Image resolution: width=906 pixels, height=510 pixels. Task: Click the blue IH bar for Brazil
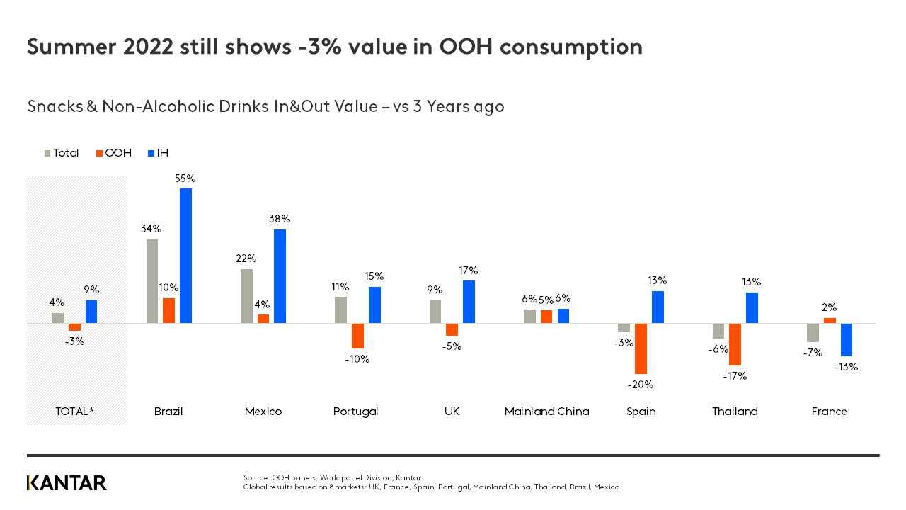(x=185, y=256)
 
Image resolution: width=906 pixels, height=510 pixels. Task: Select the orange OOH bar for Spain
(x=641, y=348)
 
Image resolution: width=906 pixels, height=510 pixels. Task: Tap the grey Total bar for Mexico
(x=246, y=296)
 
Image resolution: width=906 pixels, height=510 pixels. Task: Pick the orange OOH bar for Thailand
(x=735, y=344)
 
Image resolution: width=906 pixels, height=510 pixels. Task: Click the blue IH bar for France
(x=847, y=339)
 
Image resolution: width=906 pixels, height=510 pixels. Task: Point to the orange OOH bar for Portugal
(x=357, y=336)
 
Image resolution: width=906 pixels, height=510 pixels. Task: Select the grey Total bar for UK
(x=435, y=312)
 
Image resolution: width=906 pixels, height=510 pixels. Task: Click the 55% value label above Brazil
(x=185, y=178)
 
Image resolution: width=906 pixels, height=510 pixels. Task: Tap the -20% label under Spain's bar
(x=641, y=385)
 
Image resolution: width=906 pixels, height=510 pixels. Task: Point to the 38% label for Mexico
(x=280, y=219)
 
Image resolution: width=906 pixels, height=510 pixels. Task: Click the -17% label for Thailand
(x=735, y=376)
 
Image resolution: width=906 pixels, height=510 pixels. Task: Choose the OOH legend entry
(x=113, y=153)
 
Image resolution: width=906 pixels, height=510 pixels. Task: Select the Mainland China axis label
(x=546, y=412)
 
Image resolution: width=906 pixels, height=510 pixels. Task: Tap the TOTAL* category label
(x=75, y=412)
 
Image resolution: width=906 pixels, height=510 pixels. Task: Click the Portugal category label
(x=355, y=412)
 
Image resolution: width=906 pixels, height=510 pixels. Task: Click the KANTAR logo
(x=67, y=483)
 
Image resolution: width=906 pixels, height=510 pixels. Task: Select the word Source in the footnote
(x=256, y=478)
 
